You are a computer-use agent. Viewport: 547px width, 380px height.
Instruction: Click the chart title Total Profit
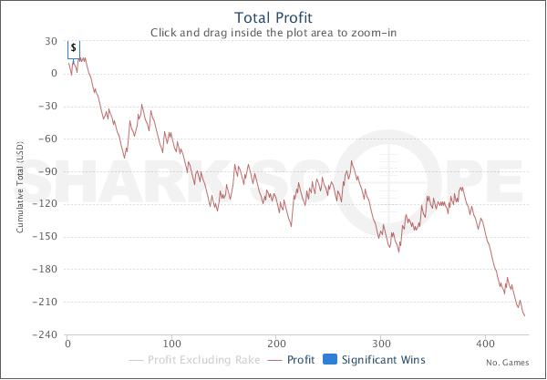click(273, 17)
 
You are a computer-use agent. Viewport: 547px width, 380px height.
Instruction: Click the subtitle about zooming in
click(273, 32)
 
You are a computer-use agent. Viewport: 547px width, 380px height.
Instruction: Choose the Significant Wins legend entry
click(383, 360)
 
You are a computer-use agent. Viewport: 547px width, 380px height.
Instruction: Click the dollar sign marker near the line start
click(74, 47)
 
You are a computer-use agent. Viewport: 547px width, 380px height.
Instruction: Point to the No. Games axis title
click(508, 362)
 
